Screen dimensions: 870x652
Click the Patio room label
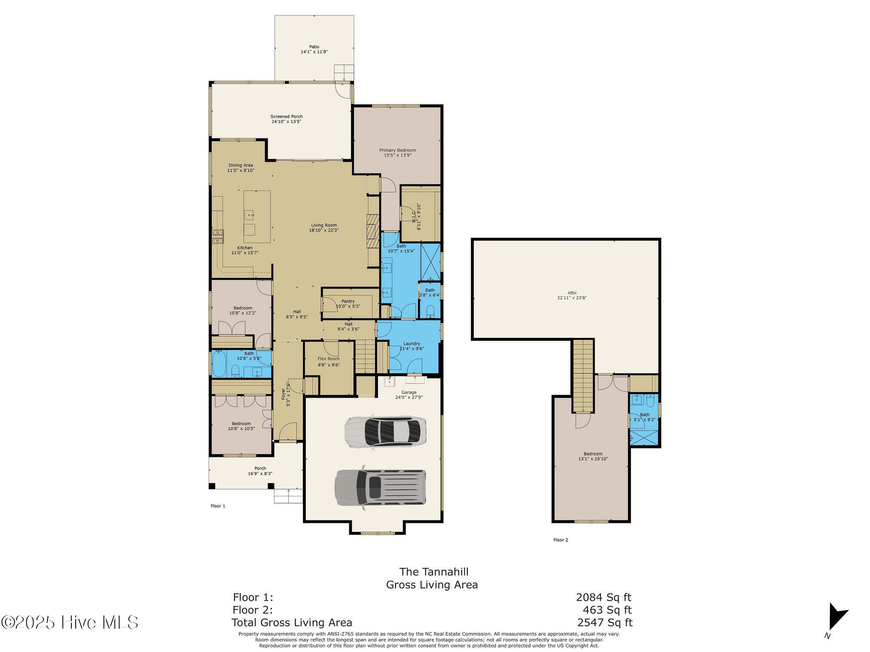[314, 47]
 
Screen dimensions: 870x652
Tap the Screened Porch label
[287, 116]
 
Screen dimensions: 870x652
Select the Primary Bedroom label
[398, 150]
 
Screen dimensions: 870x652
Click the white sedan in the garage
[385, 431]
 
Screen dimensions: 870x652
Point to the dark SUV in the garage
[380, 488]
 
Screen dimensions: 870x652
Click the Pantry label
[348, 301]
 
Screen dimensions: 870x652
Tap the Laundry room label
[412, 343]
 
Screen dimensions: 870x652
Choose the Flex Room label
[329, 359]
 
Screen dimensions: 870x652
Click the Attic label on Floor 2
[572, 292]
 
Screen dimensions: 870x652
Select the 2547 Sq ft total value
[605, 622]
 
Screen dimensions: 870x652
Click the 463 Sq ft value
[607, 610]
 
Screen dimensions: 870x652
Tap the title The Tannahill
[434, 572]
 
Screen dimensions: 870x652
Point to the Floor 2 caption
[561, 540]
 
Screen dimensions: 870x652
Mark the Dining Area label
[241, 165]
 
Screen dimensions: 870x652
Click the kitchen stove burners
[217, 236]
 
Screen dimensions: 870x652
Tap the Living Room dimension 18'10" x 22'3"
[324, 230]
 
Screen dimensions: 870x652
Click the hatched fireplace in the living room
[373, 231]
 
